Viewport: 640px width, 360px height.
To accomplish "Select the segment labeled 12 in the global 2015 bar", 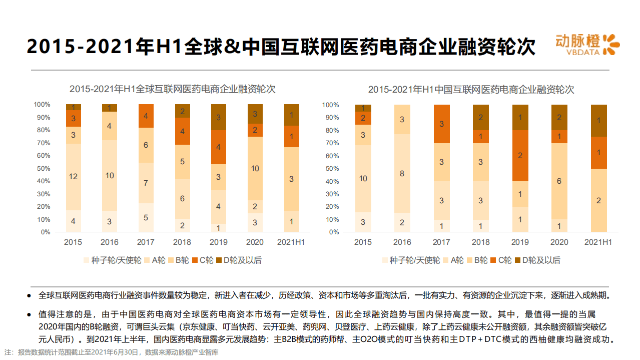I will (x=74, y=177).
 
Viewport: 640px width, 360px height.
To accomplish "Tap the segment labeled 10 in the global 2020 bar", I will (x=255, y=169).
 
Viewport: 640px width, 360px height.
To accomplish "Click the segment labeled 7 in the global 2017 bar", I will (x=146, y=183).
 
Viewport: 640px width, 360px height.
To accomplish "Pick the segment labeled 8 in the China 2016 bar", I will (x=402, y=174).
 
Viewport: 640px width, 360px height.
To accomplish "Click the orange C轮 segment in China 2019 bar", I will (x=520, y=156).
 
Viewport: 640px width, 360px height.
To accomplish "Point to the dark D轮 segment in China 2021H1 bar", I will (x=599, y=121).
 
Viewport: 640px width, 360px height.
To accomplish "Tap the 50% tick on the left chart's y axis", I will (x=42, y=168).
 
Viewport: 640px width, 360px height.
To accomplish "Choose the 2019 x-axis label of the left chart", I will (x=219, y=242).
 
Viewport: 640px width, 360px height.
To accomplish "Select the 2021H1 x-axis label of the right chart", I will (x=599, y=242).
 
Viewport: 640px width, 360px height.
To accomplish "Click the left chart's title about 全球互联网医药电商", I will (x=172, y=89).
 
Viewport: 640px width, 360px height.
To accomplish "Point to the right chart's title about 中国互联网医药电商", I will (x=471, y=90).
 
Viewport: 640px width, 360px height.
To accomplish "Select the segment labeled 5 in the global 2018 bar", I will (x=182, y=162).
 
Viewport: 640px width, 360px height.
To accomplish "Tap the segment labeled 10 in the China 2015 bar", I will (x=363, y=179).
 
